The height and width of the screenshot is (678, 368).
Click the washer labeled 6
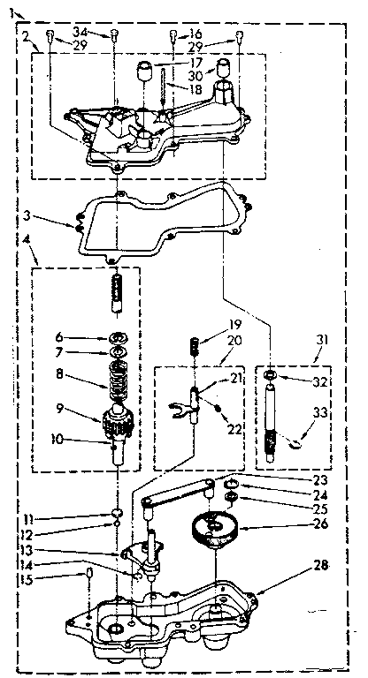(x=118, y=336)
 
